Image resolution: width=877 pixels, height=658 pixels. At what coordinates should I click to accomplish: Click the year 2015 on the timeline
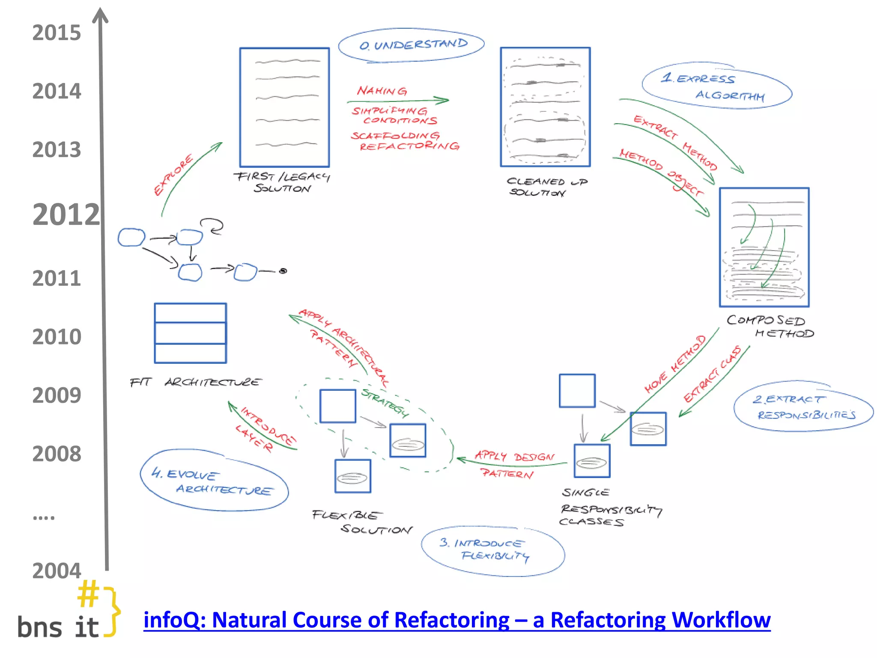tap(57, 33)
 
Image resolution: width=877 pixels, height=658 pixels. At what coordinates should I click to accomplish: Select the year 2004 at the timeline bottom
tap(57, 571)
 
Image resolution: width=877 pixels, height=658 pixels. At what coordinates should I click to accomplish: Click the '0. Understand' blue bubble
tap(412, 45)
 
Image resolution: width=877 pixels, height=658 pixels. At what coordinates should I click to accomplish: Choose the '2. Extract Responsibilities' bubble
tap(803, 406)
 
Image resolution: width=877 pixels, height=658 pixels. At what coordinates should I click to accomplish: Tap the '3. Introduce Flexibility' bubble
tap(492, 550)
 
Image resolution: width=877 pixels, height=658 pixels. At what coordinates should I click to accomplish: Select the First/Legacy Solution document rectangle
tap(284, 107)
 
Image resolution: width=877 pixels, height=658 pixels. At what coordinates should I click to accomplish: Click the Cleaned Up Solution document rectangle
tap(545, 107)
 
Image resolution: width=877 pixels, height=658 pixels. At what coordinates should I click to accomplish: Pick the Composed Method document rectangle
tap(764, 247)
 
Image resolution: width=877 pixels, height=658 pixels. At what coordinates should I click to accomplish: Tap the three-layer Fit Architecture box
tap(191, 333)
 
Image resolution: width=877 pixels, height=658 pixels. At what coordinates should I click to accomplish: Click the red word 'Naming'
tap(382, 91)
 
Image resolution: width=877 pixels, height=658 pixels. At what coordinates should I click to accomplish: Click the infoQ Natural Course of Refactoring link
tap(456, 620)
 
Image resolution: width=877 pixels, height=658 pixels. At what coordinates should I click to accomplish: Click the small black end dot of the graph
tap(283, 271)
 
